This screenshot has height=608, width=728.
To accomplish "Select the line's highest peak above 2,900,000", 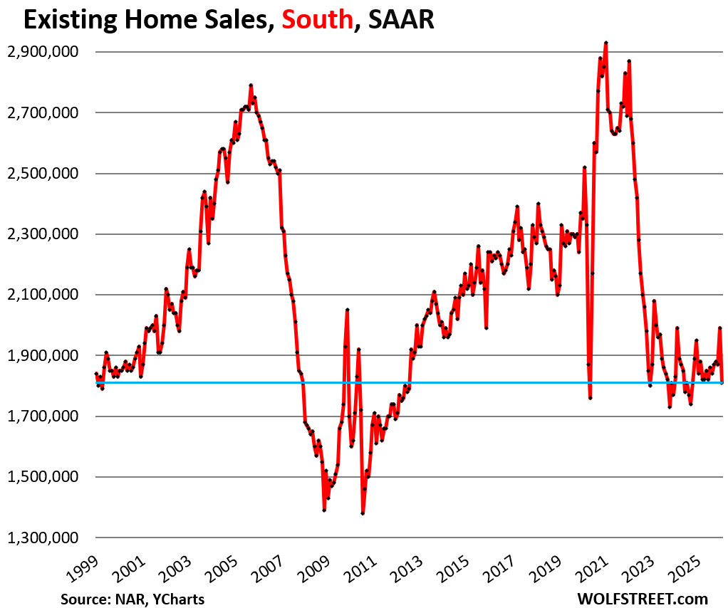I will (605, 43).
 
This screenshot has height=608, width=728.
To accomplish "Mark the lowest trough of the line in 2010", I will (363, 513).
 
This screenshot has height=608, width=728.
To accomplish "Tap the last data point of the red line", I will (722, 382).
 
